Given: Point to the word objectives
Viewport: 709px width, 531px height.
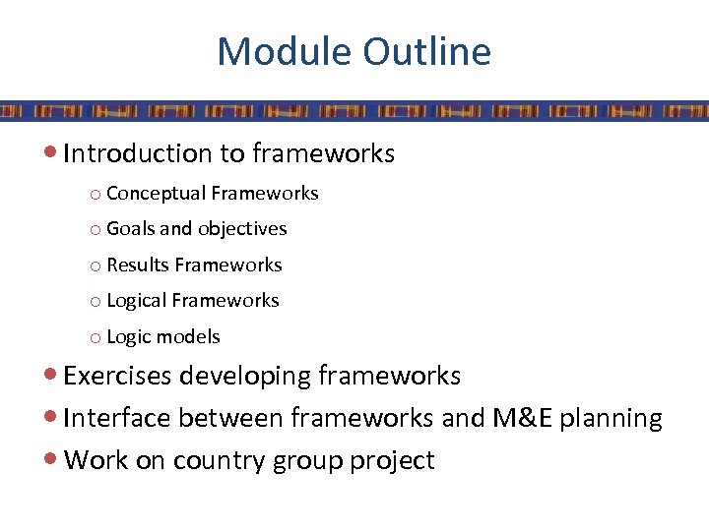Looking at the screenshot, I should coord(242,229).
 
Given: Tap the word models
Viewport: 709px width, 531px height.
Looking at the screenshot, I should coord(190,337).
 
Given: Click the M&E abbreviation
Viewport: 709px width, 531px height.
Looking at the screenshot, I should coord(522,419).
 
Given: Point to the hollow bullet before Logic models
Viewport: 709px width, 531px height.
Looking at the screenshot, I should coord(95,338).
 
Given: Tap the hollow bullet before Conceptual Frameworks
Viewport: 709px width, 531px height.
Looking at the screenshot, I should coord(95,195).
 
